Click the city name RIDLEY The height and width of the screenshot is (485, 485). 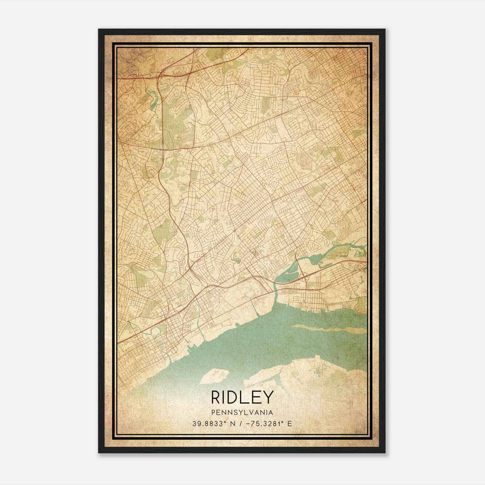(242, 397)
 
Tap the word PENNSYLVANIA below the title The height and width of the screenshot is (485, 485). (242, 413)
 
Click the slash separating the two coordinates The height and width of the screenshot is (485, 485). (240, 423)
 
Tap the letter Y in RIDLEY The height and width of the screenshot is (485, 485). (269, 397)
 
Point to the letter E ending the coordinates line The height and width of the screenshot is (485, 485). (290, 423)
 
